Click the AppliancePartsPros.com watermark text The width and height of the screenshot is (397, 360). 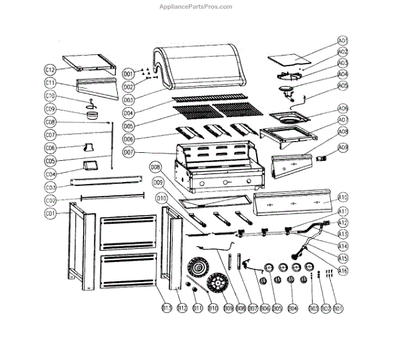pos(197,7)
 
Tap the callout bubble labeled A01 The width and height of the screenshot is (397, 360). pos(343,41)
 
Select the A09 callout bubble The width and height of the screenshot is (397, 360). pos(343,147)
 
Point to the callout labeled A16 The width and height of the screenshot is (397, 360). pos(343,270)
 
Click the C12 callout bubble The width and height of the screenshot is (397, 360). pos(50,69)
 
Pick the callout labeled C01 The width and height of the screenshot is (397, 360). pos(50,214)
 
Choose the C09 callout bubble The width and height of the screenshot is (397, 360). pos(50,109)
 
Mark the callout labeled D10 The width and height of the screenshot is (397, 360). pos(161,198)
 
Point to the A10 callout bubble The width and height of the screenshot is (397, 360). pos(343,197)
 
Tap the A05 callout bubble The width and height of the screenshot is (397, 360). pos(343,86)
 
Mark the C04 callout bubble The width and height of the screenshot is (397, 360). pos(50,174)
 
